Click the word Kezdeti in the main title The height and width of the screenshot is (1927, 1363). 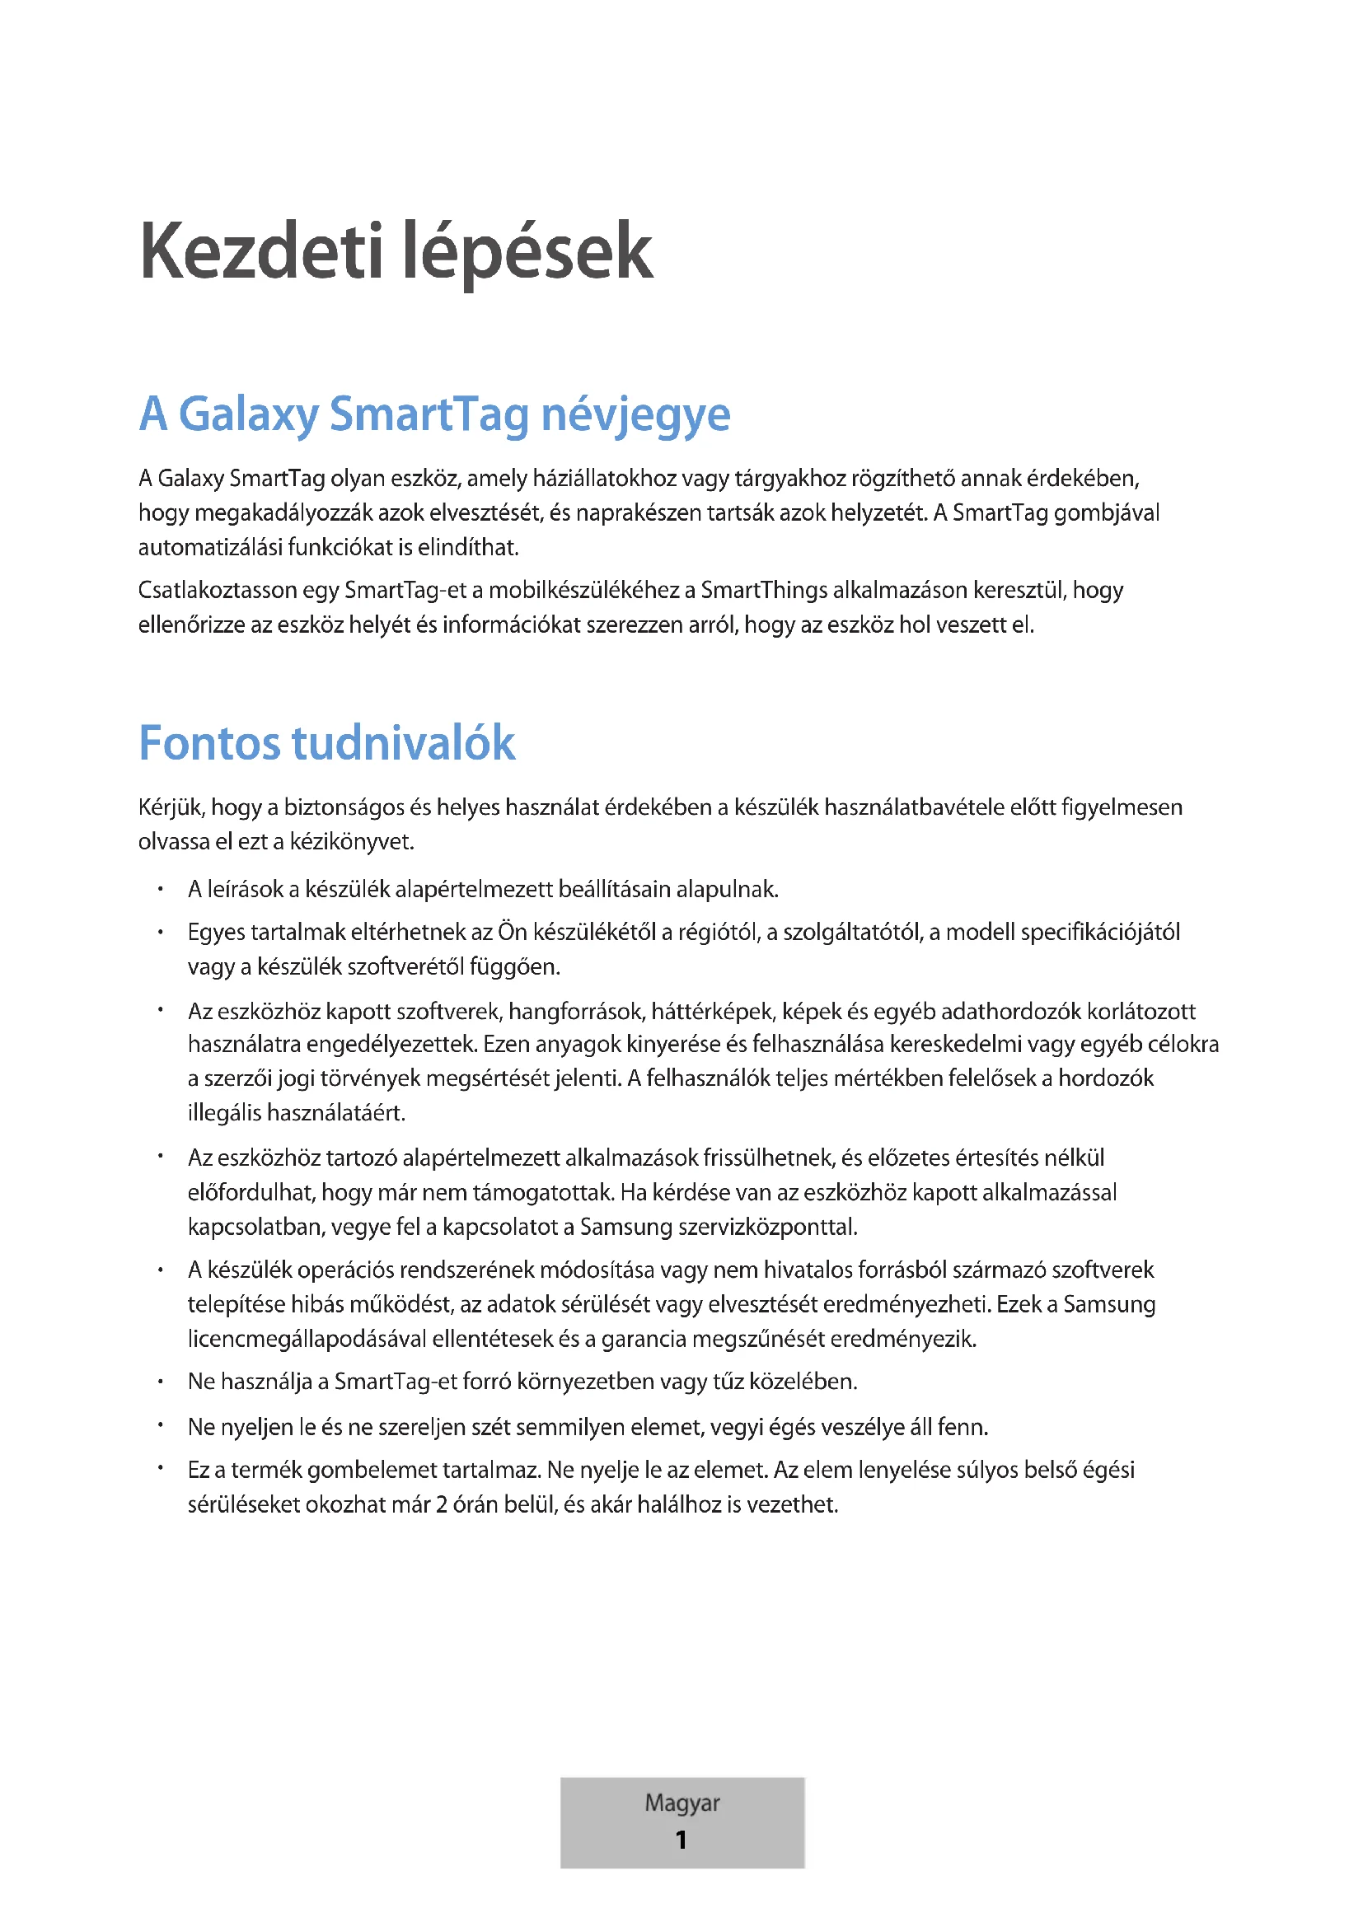pos(261,252)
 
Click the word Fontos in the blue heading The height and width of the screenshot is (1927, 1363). pos(209,743)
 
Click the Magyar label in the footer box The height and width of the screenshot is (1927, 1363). pos(681,1803)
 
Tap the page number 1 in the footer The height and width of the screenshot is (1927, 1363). pos(681,1840)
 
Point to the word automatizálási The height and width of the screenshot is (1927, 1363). pos(210,547)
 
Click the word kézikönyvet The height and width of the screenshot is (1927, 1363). pos(352,841)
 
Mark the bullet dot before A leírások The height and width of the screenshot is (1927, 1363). pos(161,889)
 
